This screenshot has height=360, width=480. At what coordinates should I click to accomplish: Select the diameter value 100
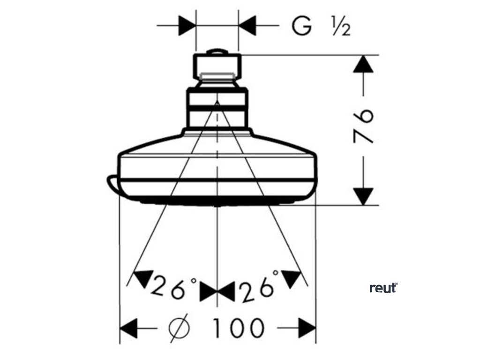pyautogui.click(x=238, y=328)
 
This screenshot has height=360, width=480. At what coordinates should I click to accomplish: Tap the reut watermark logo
pyautogui.click(x=383, y=287)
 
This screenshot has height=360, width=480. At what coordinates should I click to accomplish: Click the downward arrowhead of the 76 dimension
pyautogui.click(x=364, y=195)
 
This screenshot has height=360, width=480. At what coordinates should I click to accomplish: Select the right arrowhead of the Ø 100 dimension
pyautogui.click(x=307, y=327)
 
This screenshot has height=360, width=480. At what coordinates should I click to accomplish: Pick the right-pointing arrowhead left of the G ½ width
pyautogui.click(x=186, y=24)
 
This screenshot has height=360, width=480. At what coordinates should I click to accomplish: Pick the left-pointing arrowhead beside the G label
pyautogui.click(x=247, y=24)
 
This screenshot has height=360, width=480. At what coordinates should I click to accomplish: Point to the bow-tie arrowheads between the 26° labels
pyautogui.click(x=217, y=292)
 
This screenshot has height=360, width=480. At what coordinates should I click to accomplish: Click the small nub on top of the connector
pyautogui.click(x=217, y=52)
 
